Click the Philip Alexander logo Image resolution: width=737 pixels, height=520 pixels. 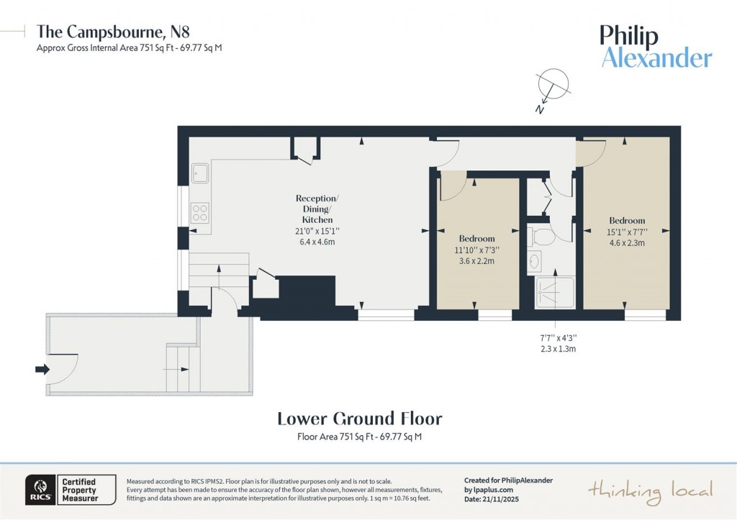(x=656, y=47)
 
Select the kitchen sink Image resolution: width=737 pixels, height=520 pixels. (x=200, y=173)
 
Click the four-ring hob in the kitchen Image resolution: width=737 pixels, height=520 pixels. (x=200, y=212)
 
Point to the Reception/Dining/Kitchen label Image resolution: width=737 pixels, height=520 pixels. (x=317, y=209)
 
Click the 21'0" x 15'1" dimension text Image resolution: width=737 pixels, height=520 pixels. (x=317, y=232)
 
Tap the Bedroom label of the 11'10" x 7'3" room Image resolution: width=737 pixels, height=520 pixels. (x=476, y=239)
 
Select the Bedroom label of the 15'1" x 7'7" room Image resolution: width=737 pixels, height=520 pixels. (x=626, y=221)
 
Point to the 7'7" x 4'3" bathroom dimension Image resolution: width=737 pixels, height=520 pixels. (x=558, y=337)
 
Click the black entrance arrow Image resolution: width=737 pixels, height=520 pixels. (x=42, y=369)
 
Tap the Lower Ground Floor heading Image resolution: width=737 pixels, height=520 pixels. (x=359, y=419)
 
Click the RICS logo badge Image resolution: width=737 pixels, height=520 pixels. (x=37, y=490)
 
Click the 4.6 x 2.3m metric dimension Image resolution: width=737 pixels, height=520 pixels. (x=626, y=243)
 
